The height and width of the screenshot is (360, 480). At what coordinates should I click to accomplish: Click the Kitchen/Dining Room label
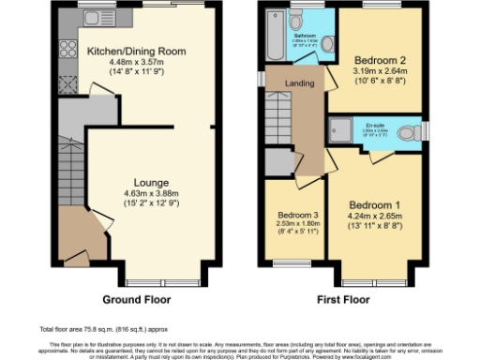point(136,52)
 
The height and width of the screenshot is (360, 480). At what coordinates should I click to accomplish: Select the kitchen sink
point(94,19)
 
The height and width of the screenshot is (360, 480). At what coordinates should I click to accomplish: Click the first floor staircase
point(278,131)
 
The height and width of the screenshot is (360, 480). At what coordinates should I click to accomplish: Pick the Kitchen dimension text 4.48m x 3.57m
point(136,64)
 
